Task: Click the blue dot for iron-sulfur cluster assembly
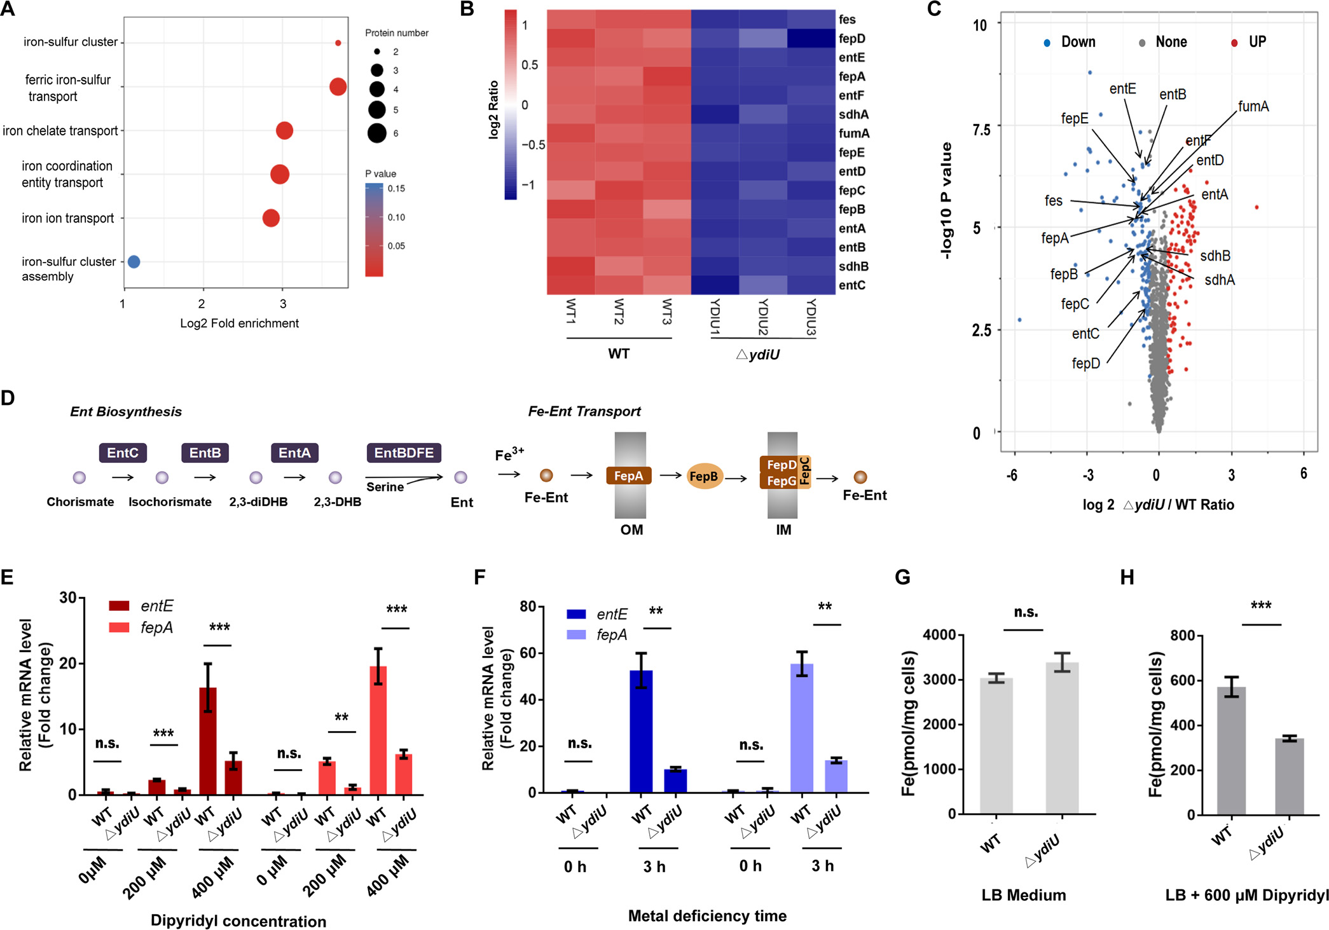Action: [x=134, y=261]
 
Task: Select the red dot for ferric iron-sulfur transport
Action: [x=338, y=86]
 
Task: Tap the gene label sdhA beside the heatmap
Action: [x=853, y=114]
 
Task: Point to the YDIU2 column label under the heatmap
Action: [x=763, y=316]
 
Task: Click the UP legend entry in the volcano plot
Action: [x=1257, y=42]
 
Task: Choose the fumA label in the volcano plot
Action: [x=1253, y=106]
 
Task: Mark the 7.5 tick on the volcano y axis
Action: [x=981, y=130]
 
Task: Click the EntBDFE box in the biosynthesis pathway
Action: [x=404, y=453]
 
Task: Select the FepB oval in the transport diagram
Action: [x=704, y=476]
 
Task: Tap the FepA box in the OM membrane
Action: [x=628, y=475]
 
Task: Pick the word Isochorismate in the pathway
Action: [x=170, y=502]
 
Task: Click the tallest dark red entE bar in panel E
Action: [x=208, y=741]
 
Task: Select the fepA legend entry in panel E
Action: [x=156, y=627]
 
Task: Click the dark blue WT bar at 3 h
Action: [x=641, y=731]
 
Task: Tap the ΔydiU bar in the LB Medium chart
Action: [x=1062, y=737]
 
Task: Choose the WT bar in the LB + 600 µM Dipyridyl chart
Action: [x=1231, y=750]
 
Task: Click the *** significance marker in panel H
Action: [x=1261, y=606]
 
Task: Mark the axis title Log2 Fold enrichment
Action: [x=239, y=323]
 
